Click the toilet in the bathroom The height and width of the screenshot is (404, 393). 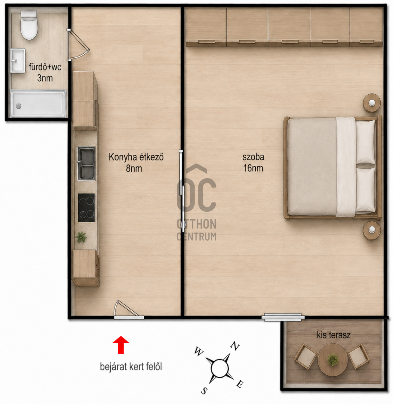click(29, 25)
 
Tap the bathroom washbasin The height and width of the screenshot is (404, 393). click(18, 61)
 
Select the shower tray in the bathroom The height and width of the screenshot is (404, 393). click(38, 104)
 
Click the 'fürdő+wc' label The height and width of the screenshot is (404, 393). click(45, 67)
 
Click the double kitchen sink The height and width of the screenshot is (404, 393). click(86, 163)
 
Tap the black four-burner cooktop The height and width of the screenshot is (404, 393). click(87, 208)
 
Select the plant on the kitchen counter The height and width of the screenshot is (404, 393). click(81, 237)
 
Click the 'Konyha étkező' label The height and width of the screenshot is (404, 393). click(136, 157)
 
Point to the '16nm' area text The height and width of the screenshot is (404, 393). click(253, 168)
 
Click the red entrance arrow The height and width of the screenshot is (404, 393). click(121, 345)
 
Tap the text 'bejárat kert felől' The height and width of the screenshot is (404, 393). click(131, 367)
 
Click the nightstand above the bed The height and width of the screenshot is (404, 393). click(372, 103)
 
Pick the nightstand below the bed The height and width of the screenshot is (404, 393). click(372, 231)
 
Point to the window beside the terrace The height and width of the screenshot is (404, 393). click(283, 317)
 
